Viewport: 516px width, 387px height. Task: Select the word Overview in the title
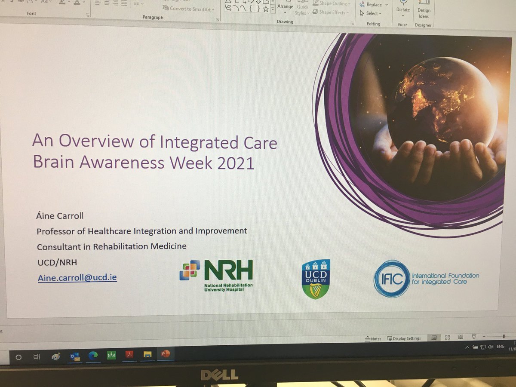(x=99, y=142)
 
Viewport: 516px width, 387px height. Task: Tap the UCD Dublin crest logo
(x=316, y=279)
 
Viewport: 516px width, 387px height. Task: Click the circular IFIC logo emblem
(x=391, y=279)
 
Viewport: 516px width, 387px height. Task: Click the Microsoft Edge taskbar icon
(x=92, y=355)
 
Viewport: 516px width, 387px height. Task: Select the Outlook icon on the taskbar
(x=75, y=356)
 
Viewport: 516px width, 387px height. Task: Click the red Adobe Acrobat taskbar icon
(x=129, y=355)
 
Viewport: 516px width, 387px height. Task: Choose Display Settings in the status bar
(x=404, y=338)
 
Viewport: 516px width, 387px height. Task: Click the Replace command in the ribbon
(x=373, y=5)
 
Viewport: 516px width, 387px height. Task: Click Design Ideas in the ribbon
(x=424, y=13)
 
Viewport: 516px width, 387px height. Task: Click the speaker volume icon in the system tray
(x=489, y=347)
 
